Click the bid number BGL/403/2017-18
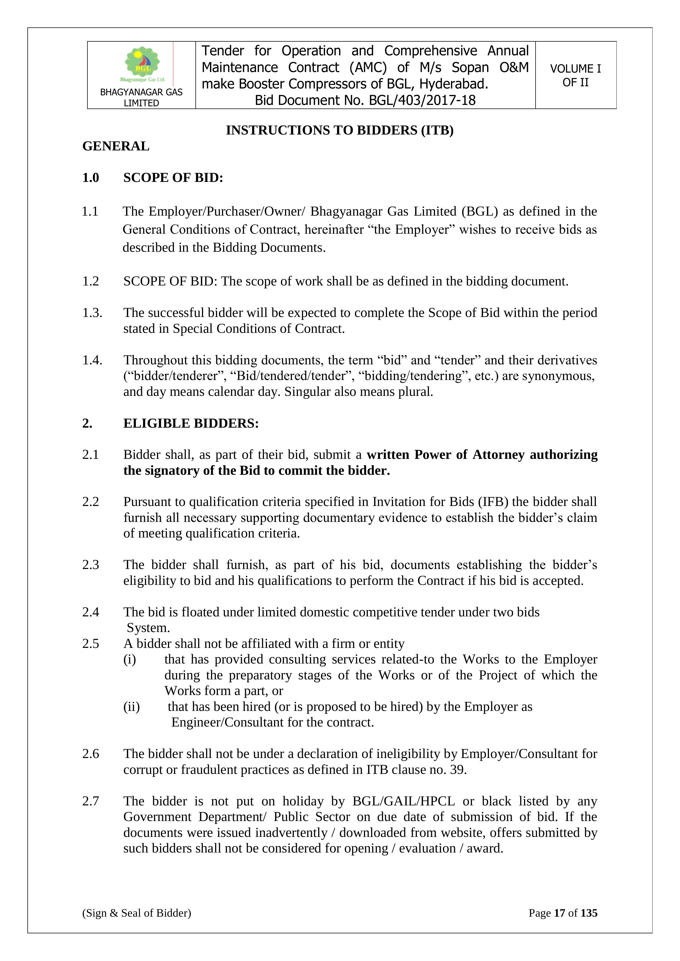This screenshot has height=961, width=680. [422, 101]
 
